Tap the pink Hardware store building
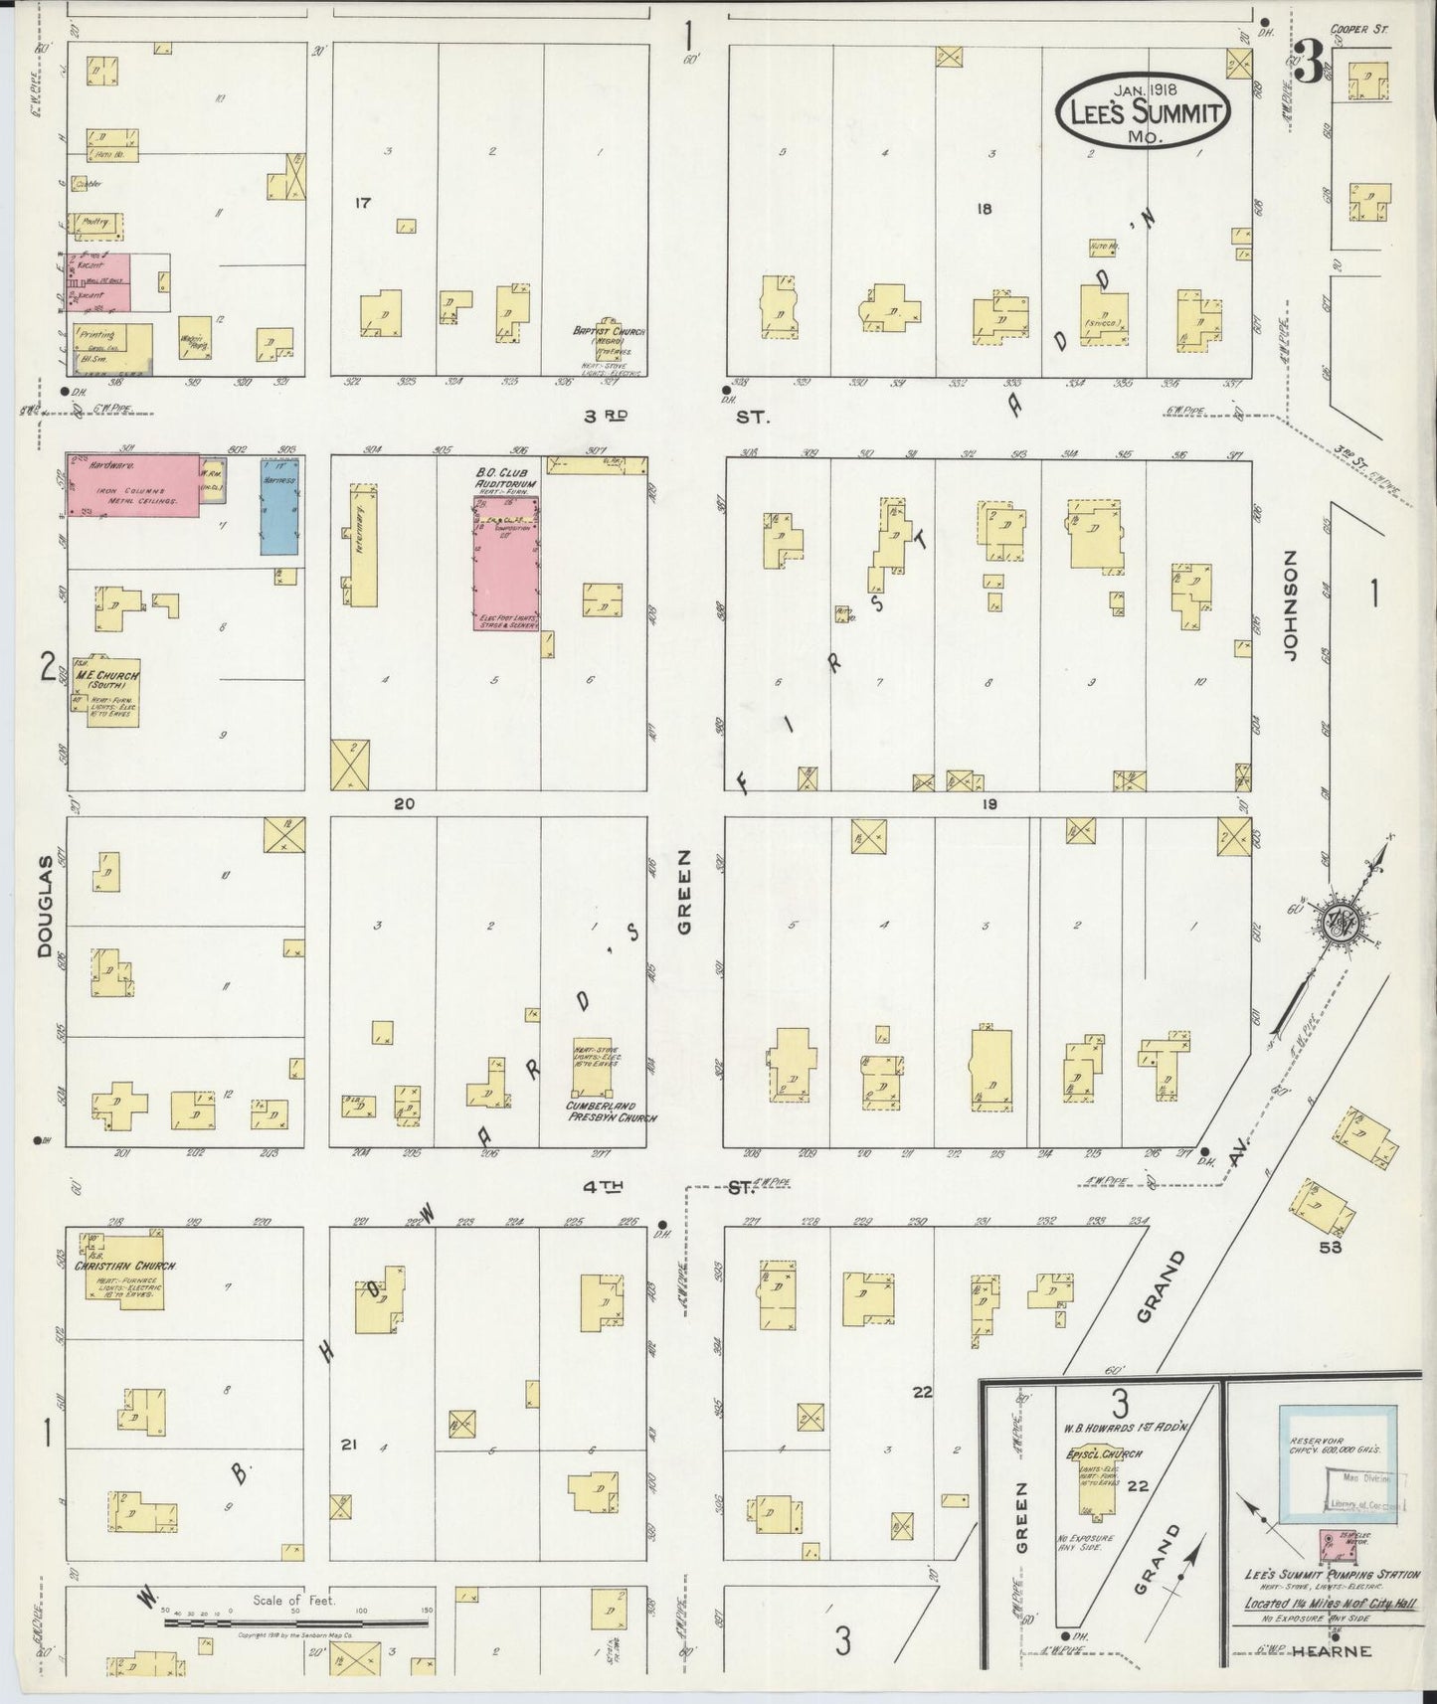point(133,485)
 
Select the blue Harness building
point(280,507)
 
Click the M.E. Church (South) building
point(111,692)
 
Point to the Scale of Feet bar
point(296,1621)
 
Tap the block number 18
point(985,209)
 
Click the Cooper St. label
point(1363,31)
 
